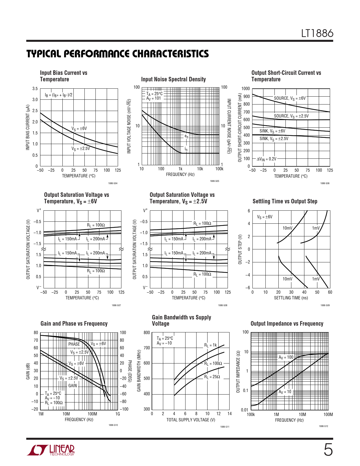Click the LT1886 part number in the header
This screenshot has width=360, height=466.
click(317, 34)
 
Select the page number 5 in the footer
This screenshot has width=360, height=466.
click(328, 450)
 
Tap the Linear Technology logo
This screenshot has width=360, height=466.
click(51, 450)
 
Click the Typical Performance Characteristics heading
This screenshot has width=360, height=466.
click(117, 54)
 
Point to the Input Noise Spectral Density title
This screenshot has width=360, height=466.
click(173, 79)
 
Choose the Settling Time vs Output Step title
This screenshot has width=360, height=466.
click(285, 201)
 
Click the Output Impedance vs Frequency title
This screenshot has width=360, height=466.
click(287, 324)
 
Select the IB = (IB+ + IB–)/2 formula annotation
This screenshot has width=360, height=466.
click(58, 95)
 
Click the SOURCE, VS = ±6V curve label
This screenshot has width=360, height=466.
click(290, 98)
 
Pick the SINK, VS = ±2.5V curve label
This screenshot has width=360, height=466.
click(274, 139)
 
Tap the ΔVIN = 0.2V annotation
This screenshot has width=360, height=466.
click(266, 159)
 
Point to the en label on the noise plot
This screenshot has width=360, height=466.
click(186, 136)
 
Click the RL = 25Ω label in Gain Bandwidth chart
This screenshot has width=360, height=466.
click(212, 377)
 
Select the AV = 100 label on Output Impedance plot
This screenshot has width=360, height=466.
click(286, 357)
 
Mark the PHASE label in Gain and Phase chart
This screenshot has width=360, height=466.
click(74, 344)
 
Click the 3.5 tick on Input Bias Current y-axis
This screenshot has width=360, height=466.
click(35, 89)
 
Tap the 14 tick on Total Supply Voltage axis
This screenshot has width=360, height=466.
click(229, 414)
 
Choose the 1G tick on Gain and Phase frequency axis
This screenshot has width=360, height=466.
click(117, 414)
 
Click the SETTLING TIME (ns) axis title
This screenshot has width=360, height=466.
click(291, 298)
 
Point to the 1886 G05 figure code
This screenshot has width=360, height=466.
click(215, 181)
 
